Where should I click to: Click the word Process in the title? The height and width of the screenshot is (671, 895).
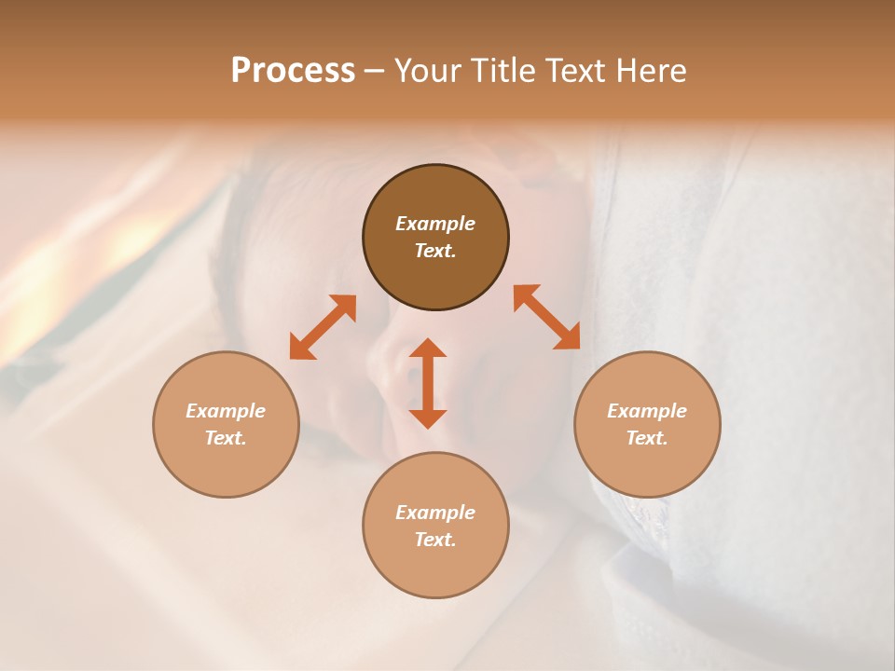(x=293, y=71)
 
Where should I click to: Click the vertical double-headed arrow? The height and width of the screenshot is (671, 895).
(x=428, y=384)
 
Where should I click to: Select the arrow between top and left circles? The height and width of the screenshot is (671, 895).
(x=323, y=327)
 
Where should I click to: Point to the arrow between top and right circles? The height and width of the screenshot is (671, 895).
(x=547, y=317)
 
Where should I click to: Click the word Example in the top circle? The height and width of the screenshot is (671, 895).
(x=435, y=224)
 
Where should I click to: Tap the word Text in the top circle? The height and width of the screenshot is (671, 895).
(x=435, y=251)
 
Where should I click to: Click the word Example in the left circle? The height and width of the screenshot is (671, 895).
(x=226, y=411)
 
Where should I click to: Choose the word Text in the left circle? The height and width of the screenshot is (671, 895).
(x=226, y=438)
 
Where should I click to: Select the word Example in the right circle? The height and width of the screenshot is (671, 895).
(x=647, y=411)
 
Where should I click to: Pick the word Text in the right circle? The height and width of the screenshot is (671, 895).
(x=647, y=438)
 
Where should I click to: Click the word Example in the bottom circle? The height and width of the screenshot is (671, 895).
(x=435, y=513)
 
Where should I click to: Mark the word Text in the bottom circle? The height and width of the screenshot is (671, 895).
(x=435, y=540)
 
